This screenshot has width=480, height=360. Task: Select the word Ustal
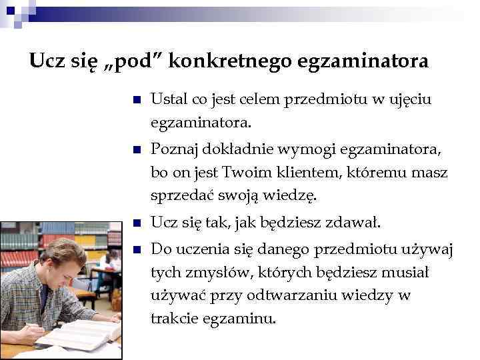167,99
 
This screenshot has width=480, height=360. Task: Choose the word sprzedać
179,196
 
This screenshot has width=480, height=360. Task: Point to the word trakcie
173,319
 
